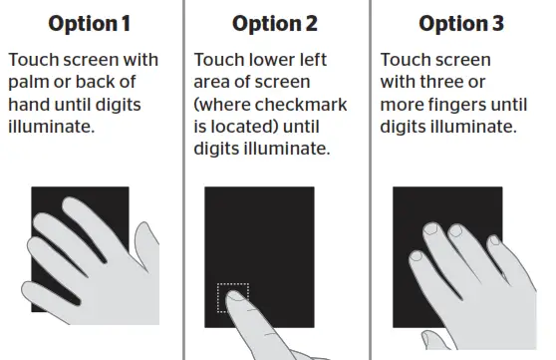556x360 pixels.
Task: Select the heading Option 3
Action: coord(460,23)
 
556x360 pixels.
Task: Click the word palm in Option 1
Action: coord(29,83)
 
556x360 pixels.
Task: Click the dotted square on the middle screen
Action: coord(232,298)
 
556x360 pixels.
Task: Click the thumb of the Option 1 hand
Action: coord(63,289)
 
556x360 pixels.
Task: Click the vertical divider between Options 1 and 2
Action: coord(182,180)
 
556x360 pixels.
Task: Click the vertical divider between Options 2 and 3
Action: coord(370,180)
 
